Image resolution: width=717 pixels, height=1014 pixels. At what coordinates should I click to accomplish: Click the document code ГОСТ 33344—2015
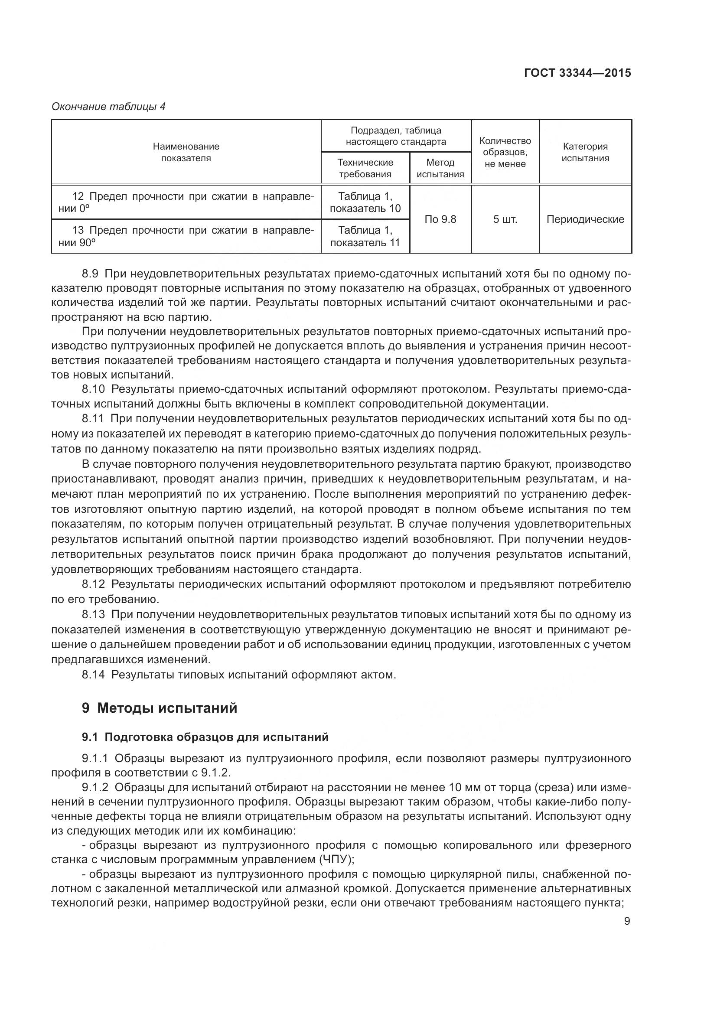point(577,73)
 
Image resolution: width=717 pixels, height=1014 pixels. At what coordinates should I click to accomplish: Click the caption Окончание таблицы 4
point(108,107)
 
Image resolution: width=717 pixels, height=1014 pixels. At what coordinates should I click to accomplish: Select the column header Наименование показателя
point(186,152)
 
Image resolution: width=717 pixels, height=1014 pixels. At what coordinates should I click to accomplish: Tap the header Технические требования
point(365,168)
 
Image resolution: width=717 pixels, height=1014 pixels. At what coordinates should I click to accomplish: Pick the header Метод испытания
point(440,168)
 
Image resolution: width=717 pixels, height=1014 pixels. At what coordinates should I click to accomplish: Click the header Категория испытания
point(585,152)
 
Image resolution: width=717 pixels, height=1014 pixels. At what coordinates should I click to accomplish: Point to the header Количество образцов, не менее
point(505,152)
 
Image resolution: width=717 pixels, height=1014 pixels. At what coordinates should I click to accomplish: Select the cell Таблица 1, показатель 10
point(365,202)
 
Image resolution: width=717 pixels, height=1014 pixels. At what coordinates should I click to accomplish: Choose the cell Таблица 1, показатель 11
point(365,236)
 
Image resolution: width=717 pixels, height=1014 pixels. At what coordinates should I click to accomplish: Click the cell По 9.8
point(440,219)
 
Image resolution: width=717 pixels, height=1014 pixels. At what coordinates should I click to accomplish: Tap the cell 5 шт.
point(505,219)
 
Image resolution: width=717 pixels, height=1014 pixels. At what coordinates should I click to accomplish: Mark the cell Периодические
point(585,219)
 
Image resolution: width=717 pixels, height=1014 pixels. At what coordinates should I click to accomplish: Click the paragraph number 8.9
point(90,274)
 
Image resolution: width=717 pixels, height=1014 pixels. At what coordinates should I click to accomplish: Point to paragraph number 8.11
point(93,418)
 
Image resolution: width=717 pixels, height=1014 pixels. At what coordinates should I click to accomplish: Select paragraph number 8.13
point(93,614)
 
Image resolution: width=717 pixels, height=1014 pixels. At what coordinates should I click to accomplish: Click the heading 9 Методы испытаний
point(160,708)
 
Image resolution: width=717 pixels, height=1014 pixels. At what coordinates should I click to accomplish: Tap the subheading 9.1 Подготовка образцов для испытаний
point(205,737)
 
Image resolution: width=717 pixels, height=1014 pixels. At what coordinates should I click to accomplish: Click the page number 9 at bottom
point(627,921)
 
